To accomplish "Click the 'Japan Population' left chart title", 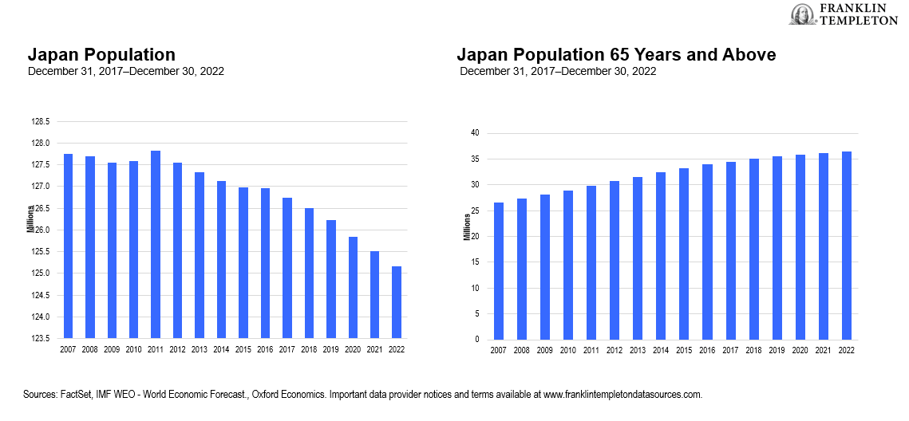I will coord(101,55).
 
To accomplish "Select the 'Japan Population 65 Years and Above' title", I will coord(616,55).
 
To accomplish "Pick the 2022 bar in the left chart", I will coord(397,301).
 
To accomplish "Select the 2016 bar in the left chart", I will coord(265,262).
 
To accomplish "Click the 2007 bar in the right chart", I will coord(499,271).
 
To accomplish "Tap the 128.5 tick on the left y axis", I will coord(40,122).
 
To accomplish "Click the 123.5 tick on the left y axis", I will coord(40,338).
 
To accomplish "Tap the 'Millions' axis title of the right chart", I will coord(468,227).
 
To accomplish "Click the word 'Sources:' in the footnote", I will coord(45,395).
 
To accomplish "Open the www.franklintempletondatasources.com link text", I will coord(622,395).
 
